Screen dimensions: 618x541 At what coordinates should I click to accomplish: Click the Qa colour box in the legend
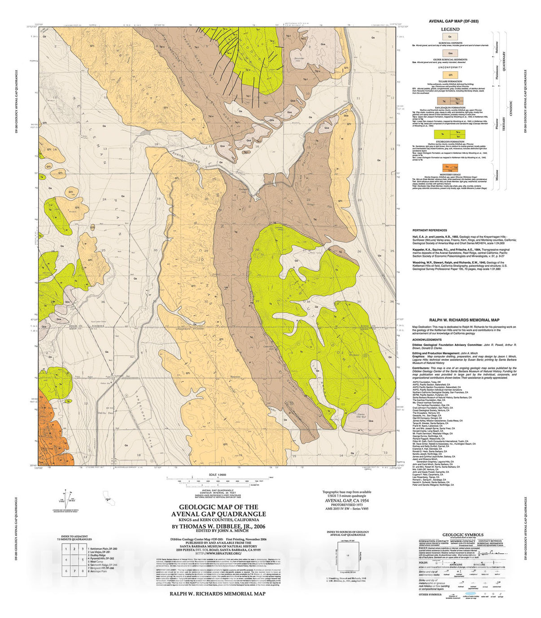click(450, 37)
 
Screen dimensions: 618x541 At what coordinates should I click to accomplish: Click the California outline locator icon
click(107, 495)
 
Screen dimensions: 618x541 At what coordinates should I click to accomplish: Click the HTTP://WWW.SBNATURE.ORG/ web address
click(219, 553)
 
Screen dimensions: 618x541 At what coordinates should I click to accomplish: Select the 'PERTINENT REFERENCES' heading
click(429, 230)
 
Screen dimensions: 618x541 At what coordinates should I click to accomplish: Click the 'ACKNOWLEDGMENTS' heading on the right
click(427, 339)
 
